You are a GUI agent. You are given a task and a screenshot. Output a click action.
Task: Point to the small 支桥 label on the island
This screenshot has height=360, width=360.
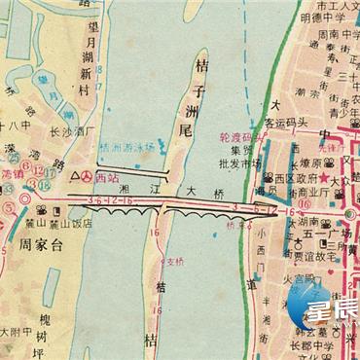click(x=174, y=262)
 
